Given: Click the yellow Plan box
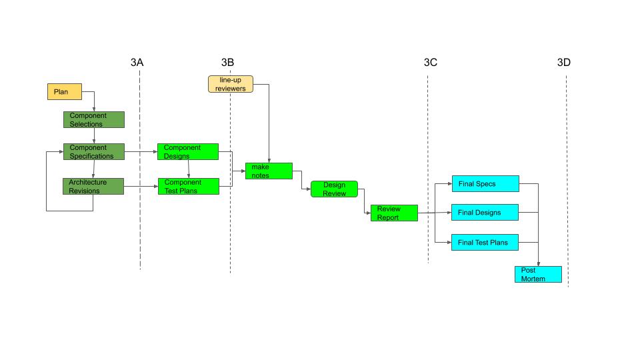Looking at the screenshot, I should pyautogui.click(x=64, y=91).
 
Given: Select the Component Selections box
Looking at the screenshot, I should pyautogui.click(x=94, y=119).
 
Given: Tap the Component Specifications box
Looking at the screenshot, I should pyautogui.click(x=94, y=151).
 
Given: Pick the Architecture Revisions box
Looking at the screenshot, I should pyautogui.click(x=94, y=186).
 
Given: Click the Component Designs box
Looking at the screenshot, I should pyautogui.click(x=188, y=151).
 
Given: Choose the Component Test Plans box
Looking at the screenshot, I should pyautogui.click(x=188, y=186).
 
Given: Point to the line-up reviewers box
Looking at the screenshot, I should pyautogui.click(x=231, y=84).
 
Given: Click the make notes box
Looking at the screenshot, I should pyautogui.click(x=269, y=171).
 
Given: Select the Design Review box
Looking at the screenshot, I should pyautogui.click(x=334, y=189).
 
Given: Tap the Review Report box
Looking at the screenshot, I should pyautogui.click(x=394, y=213).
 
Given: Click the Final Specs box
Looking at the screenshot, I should pyautogui.click(x=485, y=183).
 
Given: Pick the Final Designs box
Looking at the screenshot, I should pyautogui.click(x=485, y=213).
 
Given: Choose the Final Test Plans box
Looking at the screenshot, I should pyautogui.click(x=485, y=242).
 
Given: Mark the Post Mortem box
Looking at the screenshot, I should pyautogui.click(x=538, y=274).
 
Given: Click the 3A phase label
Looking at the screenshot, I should pyautogui.click(x=137, y=63).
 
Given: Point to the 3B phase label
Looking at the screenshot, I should pyautogui.click(x=227, y=63).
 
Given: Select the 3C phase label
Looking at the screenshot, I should pyautogui.click(x=431, y=63).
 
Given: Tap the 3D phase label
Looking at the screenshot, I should pyautogui.click(x=564, y=63).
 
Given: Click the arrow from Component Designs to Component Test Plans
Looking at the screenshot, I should pyautogui.click(x=189, y=169).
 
